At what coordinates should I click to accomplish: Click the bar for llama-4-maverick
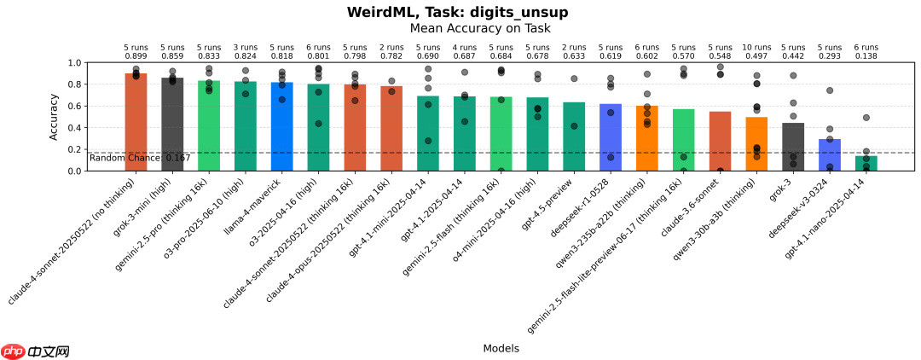[x=282, y=127]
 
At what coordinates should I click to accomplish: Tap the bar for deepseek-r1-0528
[x=611, y=137]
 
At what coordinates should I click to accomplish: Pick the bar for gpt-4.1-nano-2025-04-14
[x=866, y=163]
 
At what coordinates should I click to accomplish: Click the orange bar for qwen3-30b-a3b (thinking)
[x=756, y=144]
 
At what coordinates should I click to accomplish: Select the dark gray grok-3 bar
[x=793, y=147]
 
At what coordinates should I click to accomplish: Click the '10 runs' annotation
[x=756, y=47]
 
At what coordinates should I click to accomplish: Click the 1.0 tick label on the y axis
[x=76, y=63]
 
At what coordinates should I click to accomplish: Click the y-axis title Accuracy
[x=55, y=117]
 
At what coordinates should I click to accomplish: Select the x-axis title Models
[x=501, y=348]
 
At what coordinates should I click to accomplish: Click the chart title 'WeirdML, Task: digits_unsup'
[x=457, y=12]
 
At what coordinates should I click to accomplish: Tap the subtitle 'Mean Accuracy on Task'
[x=480, y=28]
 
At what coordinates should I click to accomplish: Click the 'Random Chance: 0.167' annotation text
[x=128, y=158]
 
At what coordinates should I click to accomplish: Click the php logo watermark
[x=13, y=351]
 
